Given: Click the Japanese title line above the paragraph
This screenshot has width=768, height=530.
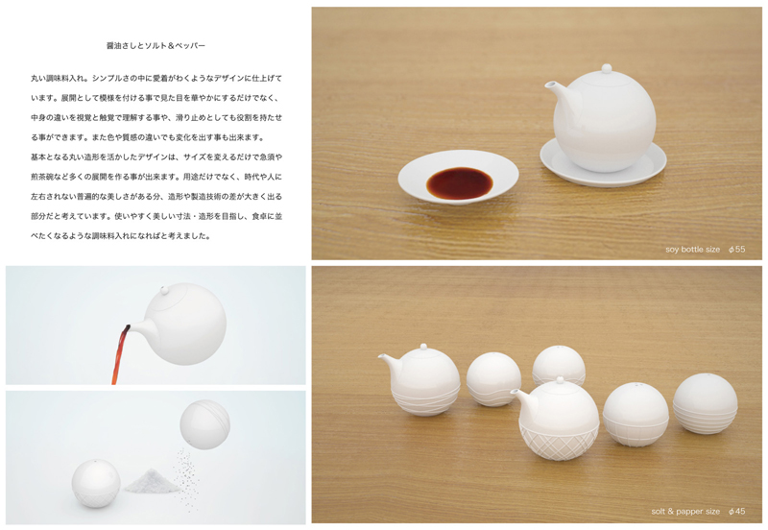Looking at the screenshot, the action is pyautogui.click(x=156, y=45).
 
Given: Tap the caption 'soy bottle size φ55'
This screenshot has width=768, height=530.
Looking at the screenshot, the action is pyautogui.click(x=705, y=250).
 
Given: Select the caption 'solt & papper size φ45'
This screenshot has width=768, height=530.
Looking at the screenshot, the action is pyautogui.click(x=698, y=512).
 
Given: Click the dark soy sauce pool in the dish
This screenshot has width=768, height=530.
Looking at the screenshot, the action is pyautogui.click(x=459, y=183).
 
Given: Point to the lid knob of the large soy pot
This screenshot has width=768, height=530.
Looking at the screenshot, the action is pyautogui.click(x=607, y=68).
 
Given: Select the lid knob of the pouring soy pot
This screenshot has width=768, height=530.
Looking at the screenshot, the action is pyautogui.click(x=164, y=291).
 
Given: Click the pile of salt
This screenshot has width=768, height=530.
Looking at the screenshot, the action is pyautogui.click(x=151, y=481).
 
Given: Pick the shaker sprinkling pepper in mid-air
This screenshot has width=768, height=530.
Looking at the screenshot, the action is pyautogui.click(x=204, y=424).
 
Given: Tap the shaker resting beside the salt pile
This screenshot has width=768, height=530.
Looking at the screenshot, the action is pyautogui.click(x=96, y=483).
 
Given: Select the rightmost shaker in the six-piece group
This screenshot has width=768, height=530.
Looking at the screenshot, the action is pyautogui.click(x=705, y=403).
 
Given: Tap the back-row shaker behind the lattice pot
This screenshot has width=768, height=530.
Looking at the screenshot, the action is pyautogui.click(x=559, y=364).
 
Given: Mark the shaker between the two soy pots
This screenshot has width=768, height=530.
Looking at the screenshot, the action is pyautogui.click(x=493, y=379).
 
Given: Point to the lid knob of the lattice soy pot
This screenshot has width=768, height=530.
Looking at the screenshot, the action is pyautogui.click(x=561, y=379).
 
